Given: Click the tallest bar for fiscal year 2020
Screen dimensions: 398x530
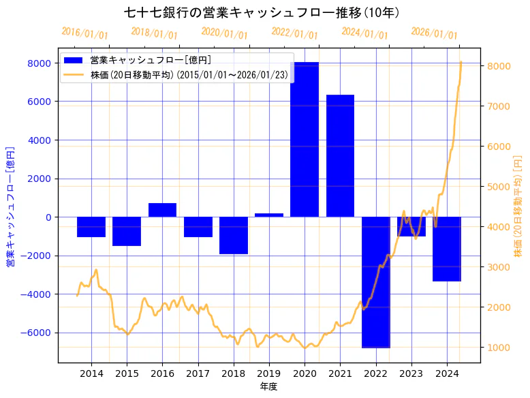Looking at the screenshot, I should pyautogui.click(x=305, y=140).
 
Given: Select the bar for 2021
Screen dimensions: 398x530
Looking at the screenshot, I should pyautogui.click(x=340, y=156).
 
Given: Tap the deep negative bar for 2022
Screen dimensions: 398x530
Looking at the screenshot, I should pyautogui.click(x=375, y=282).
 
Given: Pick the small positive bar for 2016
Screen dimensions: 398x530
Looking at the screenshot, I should pyautogui.click(x=162, y=210).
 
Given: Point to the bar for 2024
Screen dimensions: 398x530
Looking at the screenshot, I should pyautogui.click(x=447, y=249).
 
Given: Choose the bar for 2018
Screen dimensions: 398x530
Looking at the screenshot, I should pyautogui.click(x=234, y=235).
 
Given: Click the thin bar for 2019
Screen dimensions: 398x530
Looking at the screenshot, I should pyautogui.click(x=269, y=215).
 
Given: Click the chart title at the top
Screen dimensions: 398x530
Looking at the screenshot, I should pyautogui.click(x=262, y=12).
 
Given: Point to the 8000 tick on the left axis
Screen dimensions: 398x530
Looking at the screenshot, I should pyautogui.click(x=38, y=63).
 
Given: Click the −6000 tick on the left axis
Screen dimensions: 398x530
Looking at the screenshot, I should pyautogui.click(x=35, y=333).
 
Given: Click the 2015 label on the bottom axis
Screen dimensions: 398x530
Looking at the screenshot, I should pyautogui.click(x=127, y=373).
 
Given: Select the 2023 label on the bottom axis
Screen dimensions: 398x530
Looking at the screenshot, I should pyautogui.click(x=411, y=373).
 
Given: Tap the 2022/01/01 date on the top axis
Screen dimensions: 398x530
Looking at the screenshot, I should pyautogui.click(x=294, y=33).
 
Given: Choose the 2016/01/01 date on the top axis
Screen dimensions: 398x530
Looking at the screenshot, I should pyautogui.click(x=84, y=33).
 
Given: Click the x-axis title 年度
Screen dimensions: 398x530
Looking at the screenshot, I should pyautogui.click(x=268, y=386).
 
